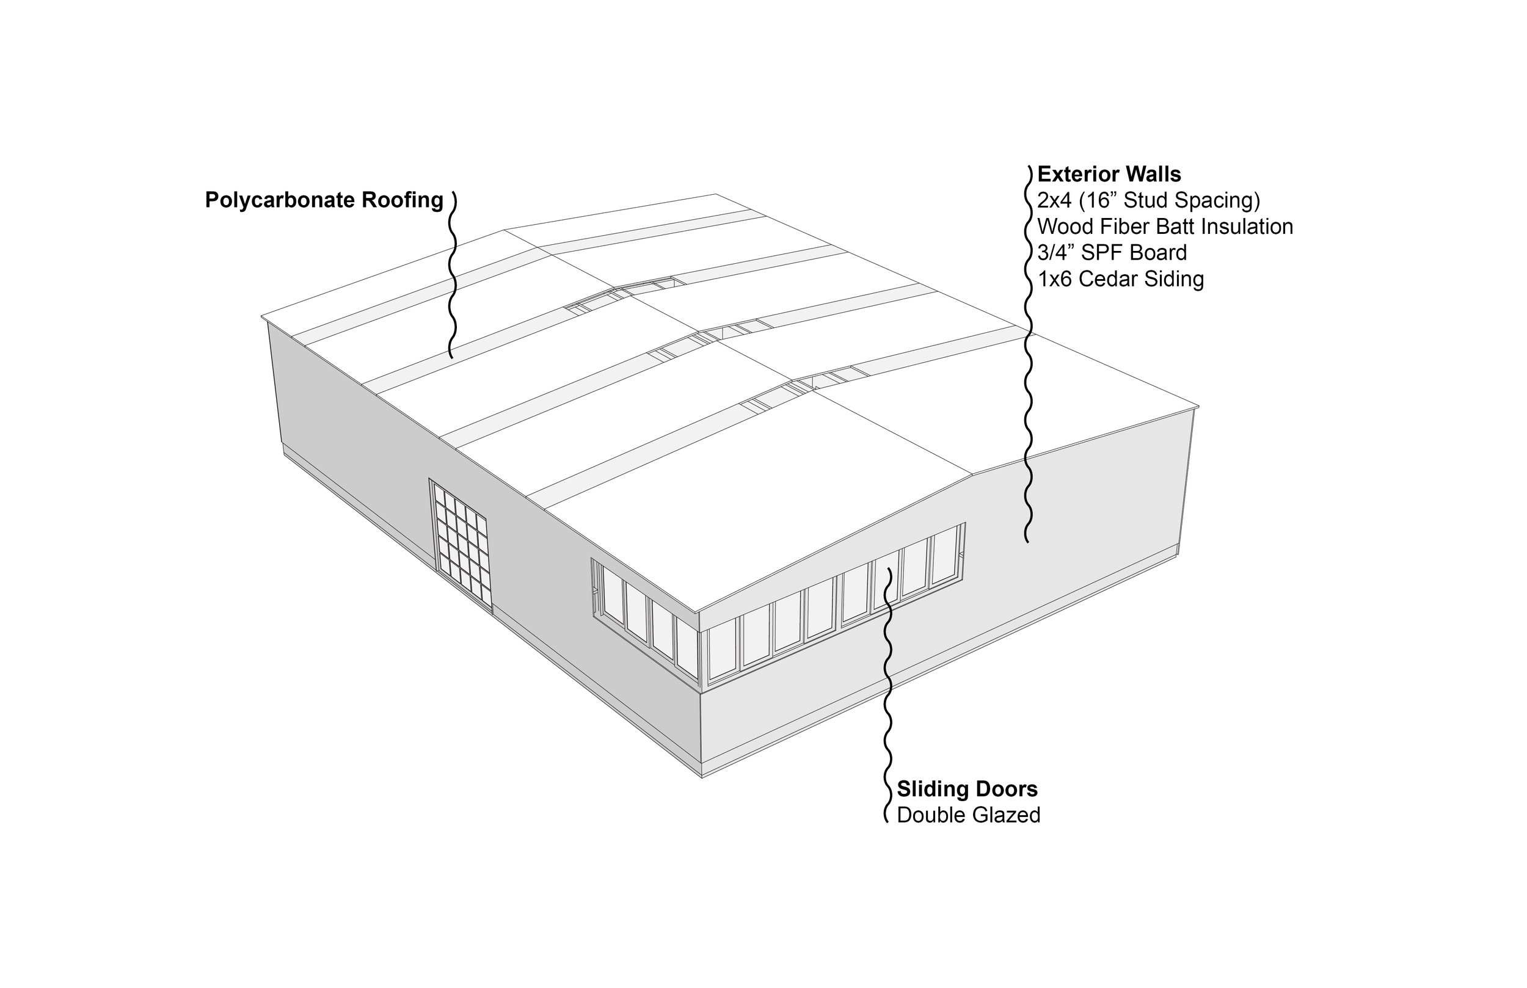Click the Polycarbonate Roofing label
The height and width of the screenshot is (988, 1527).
pyautogui.click(x=324, y=200)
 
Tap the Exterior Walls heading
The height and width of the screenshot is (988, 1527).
pyautogui.click(x=1109, y=174)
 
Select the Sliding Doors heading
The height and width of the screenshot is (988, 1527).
pyautogui.click(x=967, y=788)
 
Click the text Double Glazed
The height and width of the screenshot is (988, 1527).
pyautogui.click(x=968, y=815)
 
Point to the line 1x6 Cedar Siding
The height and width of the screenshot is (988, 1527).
pyautogui.click(x=1120, y=279)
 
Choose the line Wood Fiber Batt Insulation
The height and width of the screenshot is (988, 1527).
pyautogui.click(x=1165, y=227)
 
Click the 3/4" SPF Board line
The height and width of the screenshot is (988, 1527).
pyautogui.click(x=1112, y=253)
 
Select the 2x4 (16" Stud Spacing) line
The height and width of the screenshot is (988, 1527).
pyautogui.click(x=1148, y=201)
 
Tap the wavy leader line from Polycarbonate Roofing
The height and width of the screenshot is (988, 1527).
pyautogui.click(x=453, y=276)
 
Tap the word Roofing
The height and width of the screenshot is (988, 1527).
pyautogui.click(x=403, y=200)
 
